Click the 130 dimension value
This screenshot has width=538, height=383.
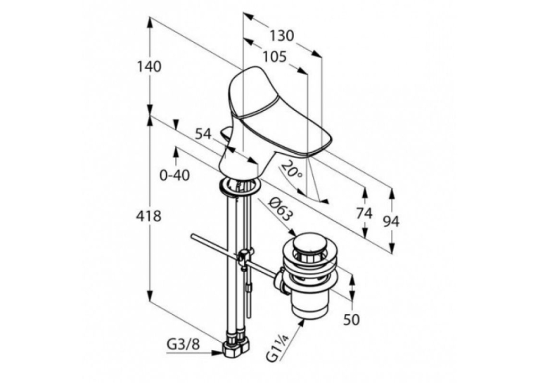coord(281,35)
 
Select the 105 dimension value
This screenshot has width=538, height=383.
coord(274,57)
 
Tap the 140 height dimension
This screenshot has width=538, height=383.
coord(149,66)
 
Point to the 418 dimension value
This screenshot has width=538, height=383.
coord(148,216)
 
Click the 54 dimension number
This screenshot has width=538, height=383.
coord(203,134)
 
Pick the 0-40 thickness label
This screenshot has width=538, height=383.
coord(174,176)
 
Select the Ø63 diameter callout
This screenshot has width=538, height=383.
coord(281,209)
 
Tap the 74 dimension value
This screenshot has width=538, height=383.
coord(364,214)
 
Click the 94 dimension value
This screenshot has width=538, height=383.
coord(391,222)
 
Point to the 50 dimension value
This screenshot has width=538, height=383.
coord(352,320)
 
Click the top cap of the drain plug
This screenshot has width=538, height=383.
coord(309,242)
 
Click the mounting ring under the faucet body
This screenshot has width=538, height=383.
coord(238,188)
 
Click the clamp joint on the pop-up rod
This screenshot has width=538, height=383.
coord(245,257)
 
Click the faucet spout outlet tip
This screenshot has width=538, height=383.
coord(320,148)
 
